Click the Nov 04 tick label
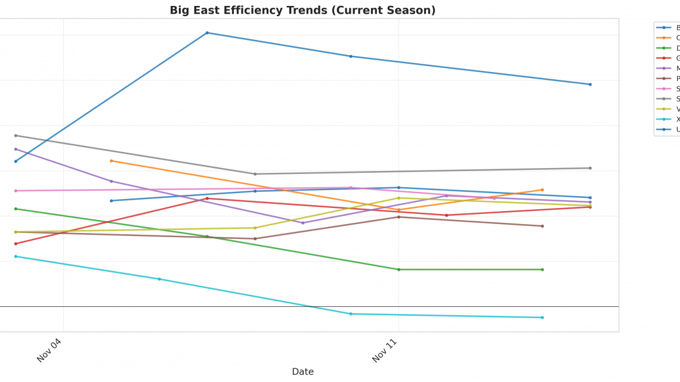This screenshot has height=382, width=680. tap(49, 350)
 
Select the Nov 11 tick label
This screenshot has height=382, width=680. tap(384, 350)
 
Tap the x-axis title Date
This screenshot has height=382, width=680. tap(302, 371)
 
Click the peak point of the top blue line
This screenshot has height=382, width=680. tap(207, 33)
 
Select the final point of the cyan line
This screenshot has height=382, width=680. tap(542, 318)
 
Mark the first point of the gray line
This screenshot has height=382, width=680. tap(16, 135)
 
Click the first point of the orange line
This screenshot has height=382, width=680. tap(111, 161)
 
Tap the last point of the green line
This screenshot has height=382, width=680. tap(542, 269)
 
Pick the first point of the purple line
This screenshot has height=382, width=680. tap(16, 149)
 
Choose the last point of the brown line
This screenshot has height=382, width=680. tap(542, 226)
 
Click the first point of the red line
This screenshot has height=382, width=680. tap(16, 244)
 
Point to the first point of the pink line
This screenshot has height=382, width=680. tap(16, 191)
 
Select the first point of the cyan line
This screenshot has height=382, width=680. tap(16, 256)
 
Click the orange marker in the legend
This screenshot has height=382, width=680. tap(664, 38)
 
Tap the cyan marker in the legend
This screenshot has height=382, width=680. tap(664, 119)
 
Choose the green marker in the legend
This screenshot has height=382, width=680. tap(664, 48)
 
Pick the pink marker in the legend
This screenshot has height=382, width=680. tap(664, 89)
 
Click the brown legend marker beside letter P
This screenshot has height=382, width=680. tap(664, 79)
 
